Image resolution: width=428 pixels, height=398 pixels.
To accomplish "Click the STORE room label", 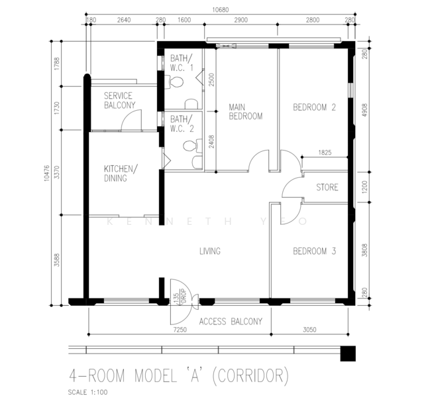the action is click(327, 187).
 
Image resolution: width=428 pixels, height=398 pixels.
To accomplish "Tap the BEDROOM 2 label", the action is click(314, 107).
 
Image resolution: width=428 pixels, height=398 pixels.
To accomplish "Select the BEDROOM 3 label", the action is click(314, 251).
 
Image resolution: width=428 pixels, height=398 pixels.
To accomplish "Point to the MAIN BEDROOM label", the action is click(245, 111).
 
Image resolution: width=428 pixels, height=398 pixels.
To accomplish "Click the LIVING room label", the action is click(210, 251).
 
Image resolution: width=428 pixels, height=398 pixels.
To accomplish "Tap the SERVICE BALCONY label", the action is click(119, 100).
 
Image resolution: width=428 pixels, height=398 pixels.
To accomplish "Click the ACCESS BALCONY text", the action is click(231, 321).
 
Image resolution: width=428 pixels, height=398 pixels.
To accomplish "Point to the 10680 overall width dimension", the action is click(221, 10).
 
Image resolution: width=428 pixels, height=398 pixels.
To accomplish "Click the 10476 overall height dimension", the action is click(46, 173).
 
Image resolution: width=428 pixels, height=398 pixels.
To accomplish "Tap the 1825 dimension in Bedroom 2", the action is click(325, 153).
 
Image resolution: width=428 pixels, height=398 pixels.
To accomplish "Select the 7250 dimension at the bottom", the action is click(180, 330).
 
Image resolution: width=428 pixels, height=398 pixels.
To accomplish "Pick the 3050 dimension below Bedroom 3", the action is click(309, 330).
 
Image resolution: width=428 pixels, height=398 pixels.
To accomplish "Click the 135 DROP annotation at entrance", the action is click(180, 297).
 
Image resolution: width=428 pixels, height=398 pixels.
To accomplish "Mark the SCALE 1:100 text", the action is click(87, 392).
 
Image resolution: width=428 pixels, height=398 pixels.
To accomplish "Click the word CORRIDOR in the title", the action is click(250, 376).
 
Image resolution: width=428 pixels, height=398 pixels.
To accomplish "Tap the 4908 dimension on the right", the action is click(364, 110).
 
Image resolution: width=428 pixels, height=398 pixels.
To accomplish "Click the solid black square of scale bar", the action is click(348, 354).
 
